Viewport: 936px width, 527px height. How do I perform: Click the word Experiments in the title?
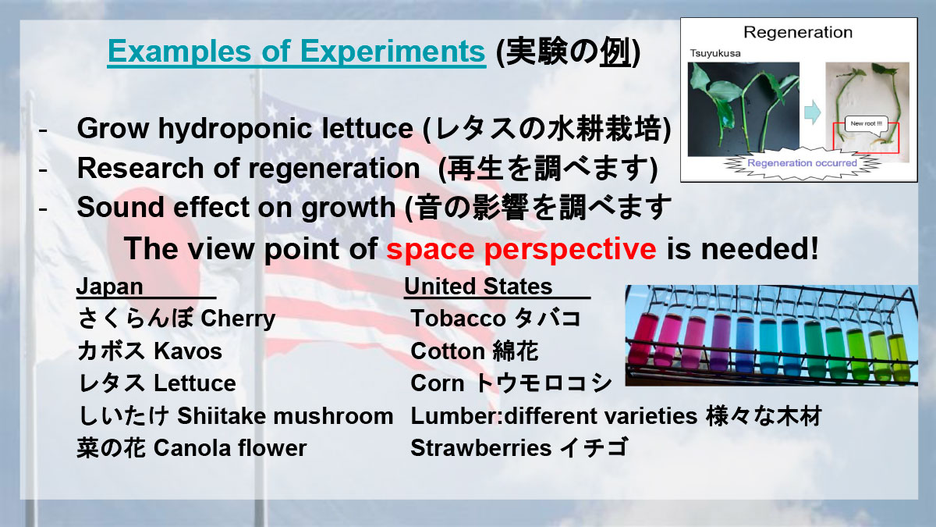point(392,52)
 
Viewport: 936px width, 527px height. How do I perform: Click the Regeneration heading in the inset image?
point(798,32)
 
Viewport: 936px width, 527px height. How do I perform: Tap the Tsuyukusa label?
point(715,54)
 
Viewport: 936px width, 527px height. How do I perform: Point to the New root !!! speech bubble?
point(867,124)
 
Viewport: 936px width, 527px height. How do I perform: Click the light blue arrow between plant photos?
point(812,112)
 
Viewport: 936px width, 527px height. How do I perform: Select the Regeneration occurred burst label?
point(802,163)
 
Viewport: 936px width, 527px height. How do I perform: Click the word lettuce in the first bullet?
point(367,128)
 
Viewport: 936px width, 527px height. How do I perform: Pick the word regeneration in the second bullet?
point(334,168)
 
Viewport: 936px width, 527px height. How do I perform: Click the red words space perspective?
point(521,249)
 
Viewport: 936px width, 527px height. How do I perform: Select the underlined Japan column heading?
point(109,287)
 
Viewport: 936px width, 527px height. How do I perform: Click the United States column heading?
point(478,287)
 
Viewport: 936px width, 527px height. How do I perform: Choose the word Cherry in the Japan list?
point(238,319)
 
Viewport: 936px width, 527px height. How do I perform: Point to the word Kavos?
point(188,351)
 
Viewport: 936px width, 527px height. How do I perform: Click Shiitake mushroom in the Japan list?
point(285,416)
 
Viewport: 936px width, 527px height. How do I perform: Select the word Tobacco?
point(459,319)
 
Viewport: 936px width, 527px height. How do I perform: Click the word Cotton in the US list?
point(448,351)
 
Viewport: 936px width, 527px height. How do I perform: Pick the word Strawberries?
point(481,448)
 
